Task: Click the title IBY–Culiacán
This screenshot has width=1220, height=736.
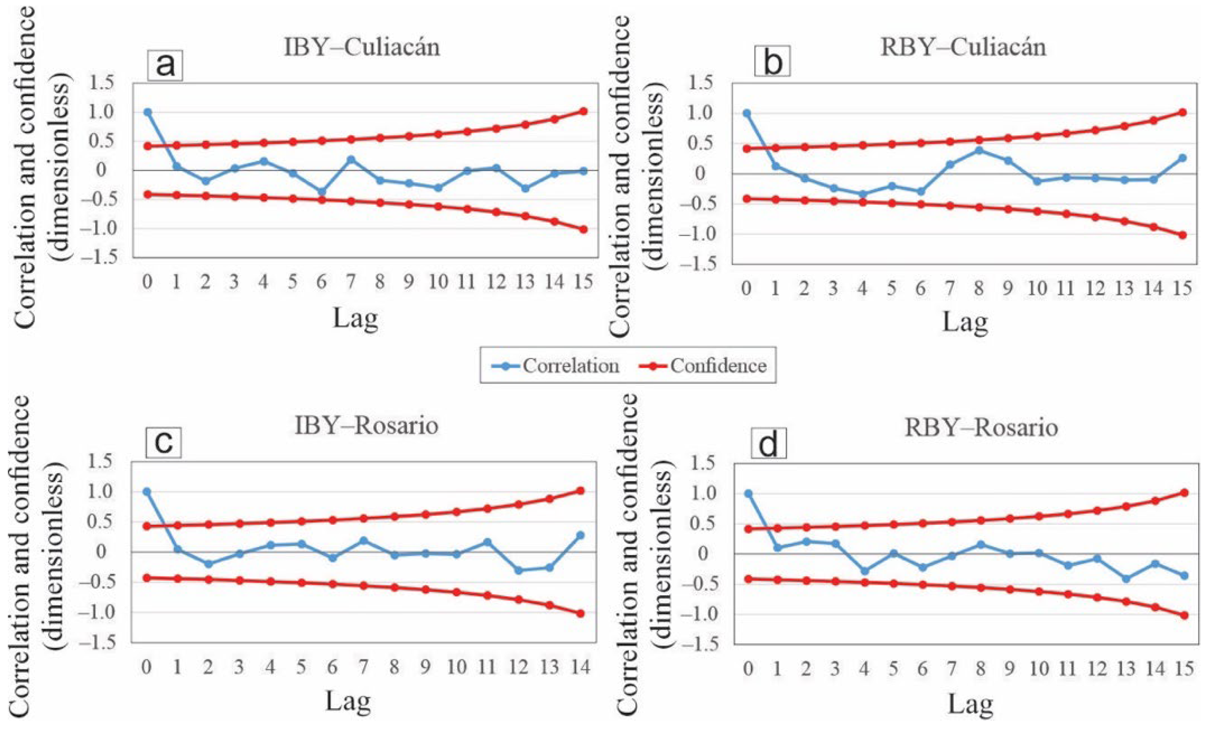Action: click(361, 48)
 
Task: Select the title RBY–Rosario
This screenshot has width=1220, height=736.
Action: click(982, 428)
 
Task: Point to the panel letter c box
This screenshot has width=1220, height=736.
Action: click(164, 442)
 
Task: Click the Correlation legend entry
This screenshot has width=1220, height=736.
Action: click(556, 366)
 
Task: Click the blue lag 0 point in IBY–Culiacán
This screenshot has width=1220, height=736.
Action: click(147, 112)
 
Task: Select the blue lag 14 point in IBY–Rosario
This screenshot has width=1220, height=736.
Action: click(581, 535)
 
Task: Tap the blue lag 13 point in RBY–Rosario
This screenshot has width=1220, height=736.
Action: click(1126, 579)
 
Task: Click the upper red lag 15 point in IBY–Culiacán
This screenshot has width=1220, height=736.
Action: click(584, 111)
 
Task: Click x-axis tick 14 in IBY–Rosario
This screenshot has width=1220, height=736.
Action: click(581, 667)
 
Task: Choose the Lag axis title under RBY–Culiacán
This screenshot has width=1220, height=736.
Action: click(965, 322)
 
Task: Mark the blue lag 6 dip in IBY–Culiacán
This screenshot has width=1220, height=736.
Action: click(322, 192)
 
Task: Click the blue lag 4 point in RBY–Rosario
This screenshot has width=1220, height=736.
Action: click(864, 571)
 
